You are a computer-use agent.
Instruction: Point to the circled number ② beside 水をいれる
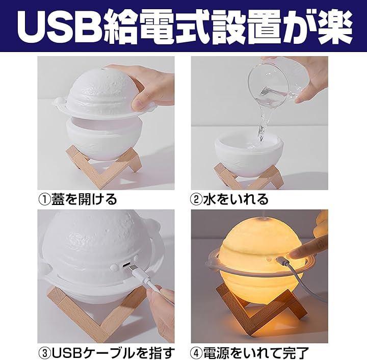(197, 199)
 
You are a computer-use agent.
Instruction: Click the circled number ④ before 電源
(197, 353)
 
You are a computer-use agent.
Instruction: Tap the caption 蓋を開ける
(84, 199)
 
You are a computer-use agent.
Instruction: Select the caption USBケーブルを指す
(113, 353)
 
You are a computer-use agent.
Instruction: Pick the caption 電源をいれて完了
(256, 353)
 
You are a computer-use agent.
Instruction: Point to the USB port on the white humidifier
(126, 265)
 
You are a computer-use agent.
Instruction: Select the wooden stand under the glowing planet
(260, 309)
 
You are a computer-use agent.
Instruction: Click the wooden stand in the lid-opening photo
(103, 166)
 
